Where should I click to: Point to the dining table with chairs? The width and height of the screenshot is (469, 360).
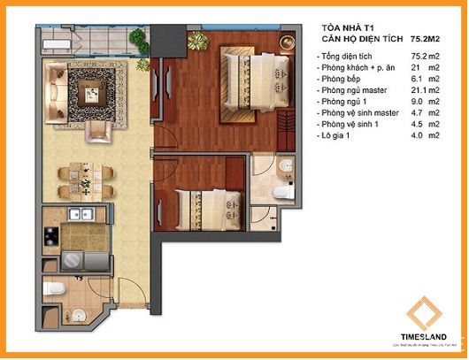click(x=84, y=180)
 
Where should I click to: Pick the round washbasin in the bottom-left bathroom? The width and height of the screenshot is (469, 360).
click(x=81, y=313)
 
